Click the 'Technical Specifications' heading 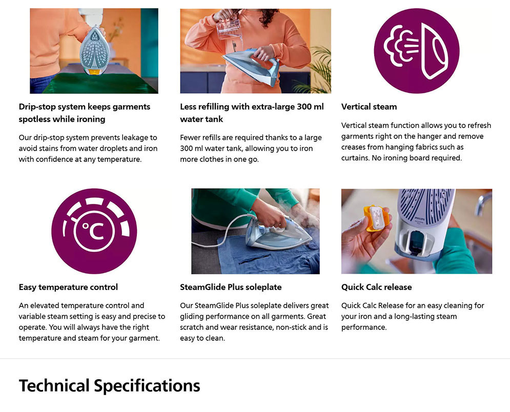pyautogui.click(x=109, y=386)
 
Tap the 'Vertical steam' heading pyautogui.click(x=369, y=107)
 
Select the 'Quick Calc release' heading pyautogui.click(x=376, y=287)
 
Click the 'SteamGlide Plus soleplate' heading pyautogui.click(x=231, y=287)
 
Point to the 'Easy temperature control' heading pyautogui.click(x=68, y=287)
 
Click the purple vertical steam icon pyautogui.click(x=417, y=51)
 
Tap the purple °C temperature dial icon pyautogui.click(x=94, y=231)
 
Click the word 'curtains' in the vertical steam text pyautogui.click(x=355, y=158)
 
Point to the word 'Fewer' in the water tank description pyautogui.click(x=190, y=137)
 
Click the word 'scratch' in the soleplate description pyautogui.click(x=192, y=327)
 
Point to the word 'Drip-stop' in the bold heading pyautogui.click(x=35, y=107)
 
